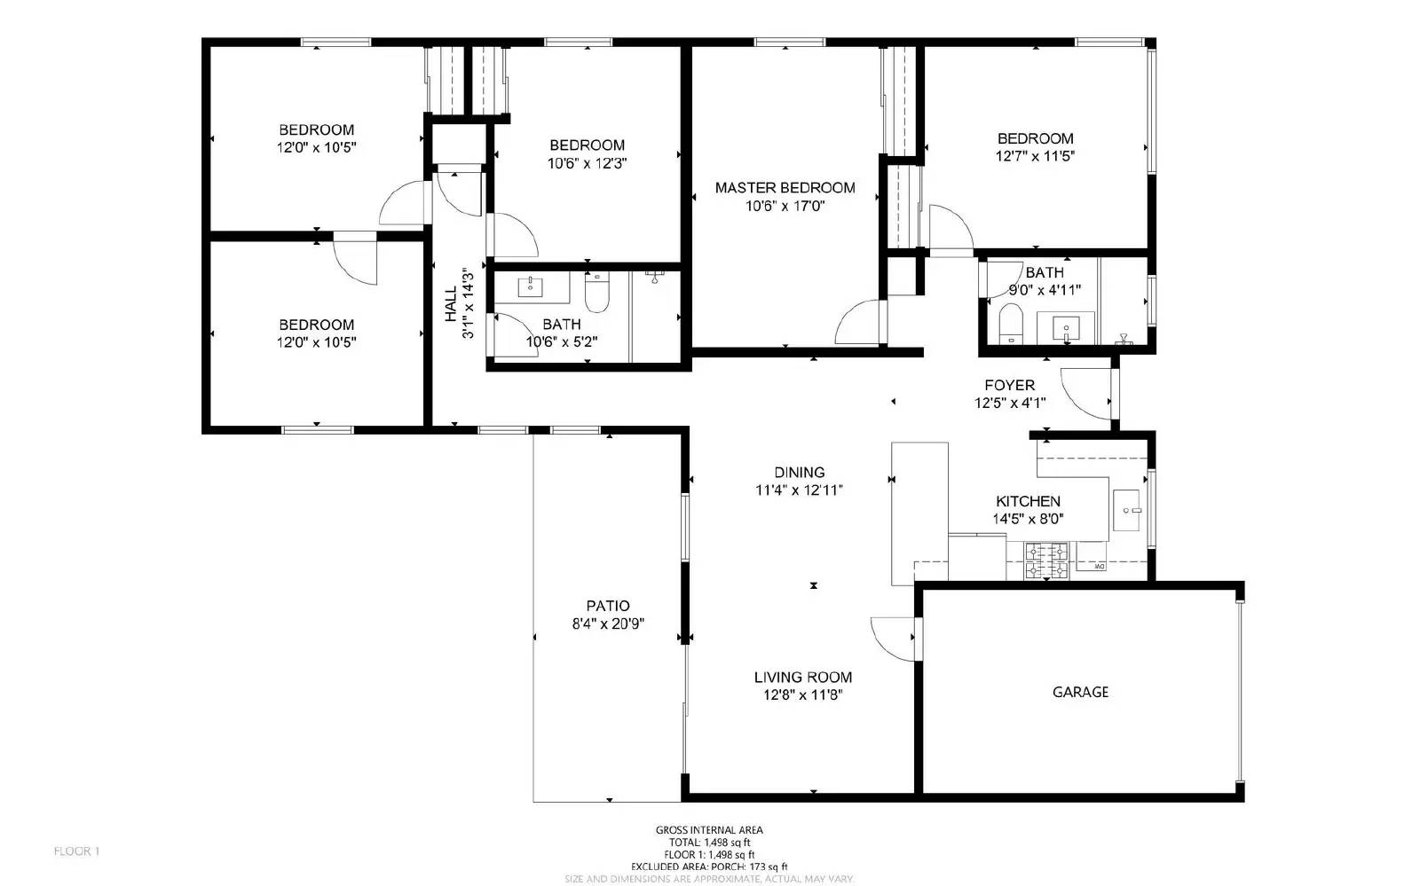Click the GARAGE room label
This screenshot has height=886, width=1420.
pyautogui.click(x=1080, y=692)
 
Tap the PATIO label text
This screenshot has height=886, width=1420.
pyautogui.click(x=608, y=606)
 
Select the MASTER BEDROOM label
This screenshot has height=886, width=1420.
pyautogui.click(x=785, y=187)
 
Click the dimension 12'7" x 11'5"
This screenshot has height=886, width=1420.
pyautogui.click(x=1035, y=156)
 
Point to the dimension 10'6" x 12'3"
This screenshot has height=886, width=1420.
pyautogui.click(x=587, y=163)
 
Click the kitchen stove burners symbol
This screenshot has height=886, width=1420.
pyautogui.click(x=1046, y=561)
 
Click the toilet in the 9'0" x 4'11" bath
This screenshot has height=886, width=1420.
pyautogui.click(x=1011, y=322)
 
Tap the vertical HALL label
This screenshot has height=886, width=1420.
pyautogui.click(x=450, y=303)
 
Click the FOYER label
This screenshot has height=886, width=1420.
pyautogui.click(x=1009, y=385)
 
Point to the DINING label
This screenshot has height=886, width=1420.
pyautogui.click(x=799, y=473)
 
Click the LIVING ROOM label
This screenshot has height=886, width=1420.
pyautogui.click(x=802, y=677)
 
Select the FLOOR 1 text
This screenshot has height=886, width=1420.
pyautogui.click(x=77, y=851)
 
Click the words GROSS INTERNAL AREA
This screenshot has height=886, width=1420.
pyautogui.click(x=708, y=830)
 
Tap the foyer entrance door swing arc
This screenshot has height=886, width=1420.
pyautogui.click(x=1083, y=396)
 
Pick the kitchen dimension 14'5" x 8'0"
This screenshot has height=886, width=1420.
pyautogui.click(x=1028, y=520)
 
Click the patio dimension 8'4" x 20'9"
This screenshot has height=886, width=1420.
pyautogui.click(x=608, y=623)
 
